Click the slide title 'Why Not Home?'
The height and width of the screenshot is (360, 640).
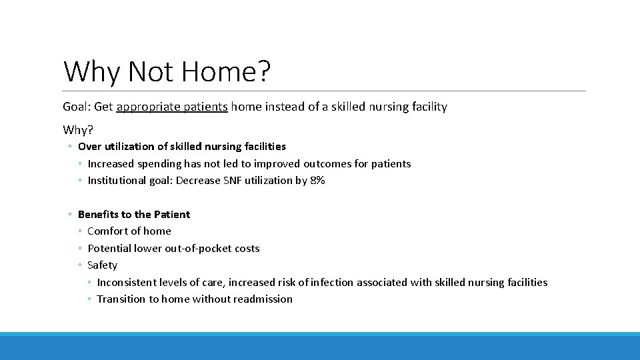167,71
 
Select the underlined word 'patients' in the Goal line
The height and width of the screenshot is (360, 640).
205,107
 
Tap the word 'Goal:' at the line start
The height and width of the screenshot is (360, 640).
77,107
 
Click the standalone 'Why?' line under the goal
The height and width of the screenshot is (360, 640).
78,129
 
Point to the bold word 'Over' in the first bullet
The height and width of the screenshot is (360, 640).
89,146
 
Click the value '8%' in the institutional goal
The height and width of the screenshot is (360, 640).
317,180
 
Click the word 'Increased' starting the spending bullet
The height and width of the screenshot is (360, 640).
111,163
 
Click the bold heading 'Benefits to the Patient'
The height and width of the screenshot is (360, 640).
134,214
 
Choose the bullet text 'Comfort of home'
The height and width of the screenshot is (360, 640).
129,231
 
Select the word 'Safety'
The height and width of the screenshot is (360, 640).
102,265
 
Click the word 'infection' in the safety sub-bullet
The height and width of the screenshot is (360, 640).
331,282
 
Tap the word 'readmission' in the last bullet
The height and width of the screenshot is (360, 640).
261,299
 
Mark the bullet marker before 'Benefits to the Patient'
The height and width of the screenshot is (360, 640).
70,215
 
